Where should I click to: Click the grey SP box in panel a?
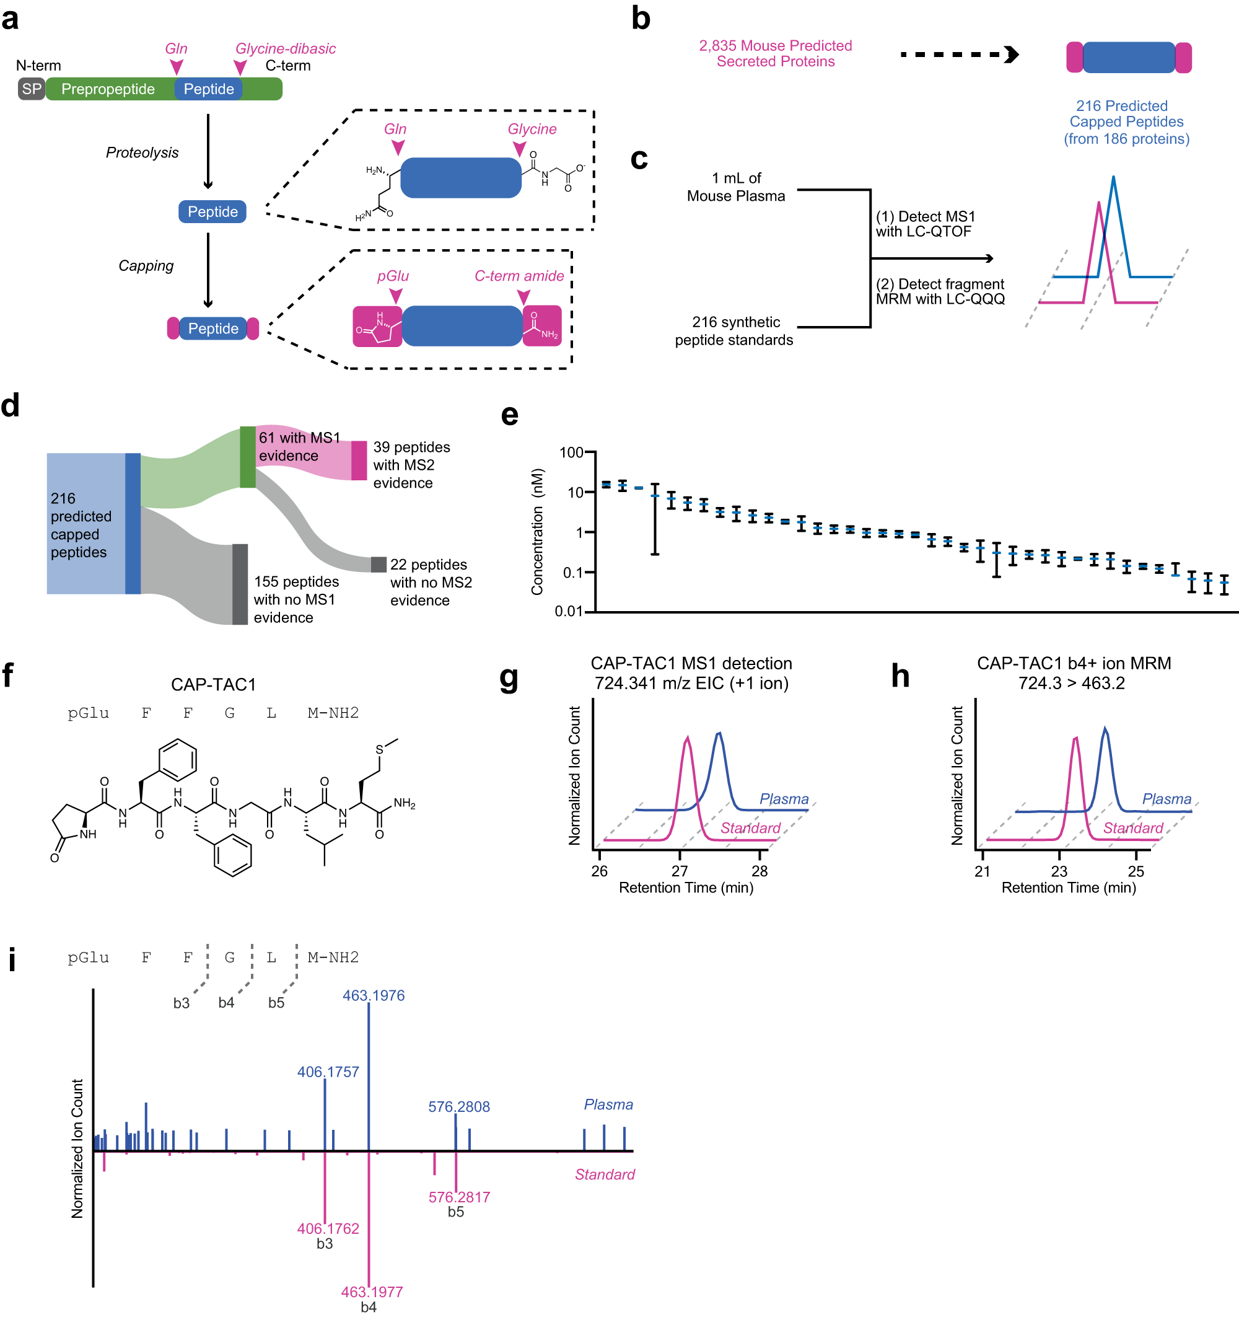click(31, 89)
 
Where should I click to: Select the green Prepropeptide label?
click(108, 89)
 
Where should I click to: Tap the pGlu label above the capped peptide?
click(393, 276)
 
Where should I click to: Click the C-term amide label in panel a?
click(519, 276)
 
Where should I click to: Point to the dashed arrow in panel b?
click(958, 55)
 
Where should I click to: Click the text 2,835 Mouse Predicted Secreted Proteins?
click(775, 54)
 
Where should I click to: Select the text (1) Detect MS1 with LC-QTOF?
click(924, 224)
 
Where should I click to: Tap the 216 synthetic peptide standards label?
click(733, 330)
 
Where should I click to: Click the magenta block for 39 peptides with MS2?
click(359, 460)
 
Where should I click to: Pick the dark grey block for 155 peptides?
click(240, 584)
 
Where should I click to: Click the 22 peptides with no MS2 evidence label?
click(431, 582)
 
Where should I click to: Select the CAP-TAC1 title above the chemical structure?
click(213, 684)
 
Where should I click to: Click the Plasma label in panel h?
click(1166, 798)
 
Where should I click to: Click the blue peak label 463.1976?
click(374, 995)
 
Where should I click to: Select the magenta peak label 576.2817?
click(459, 1196)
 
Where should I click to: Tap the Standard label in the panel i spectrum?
click(604, 1174)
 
